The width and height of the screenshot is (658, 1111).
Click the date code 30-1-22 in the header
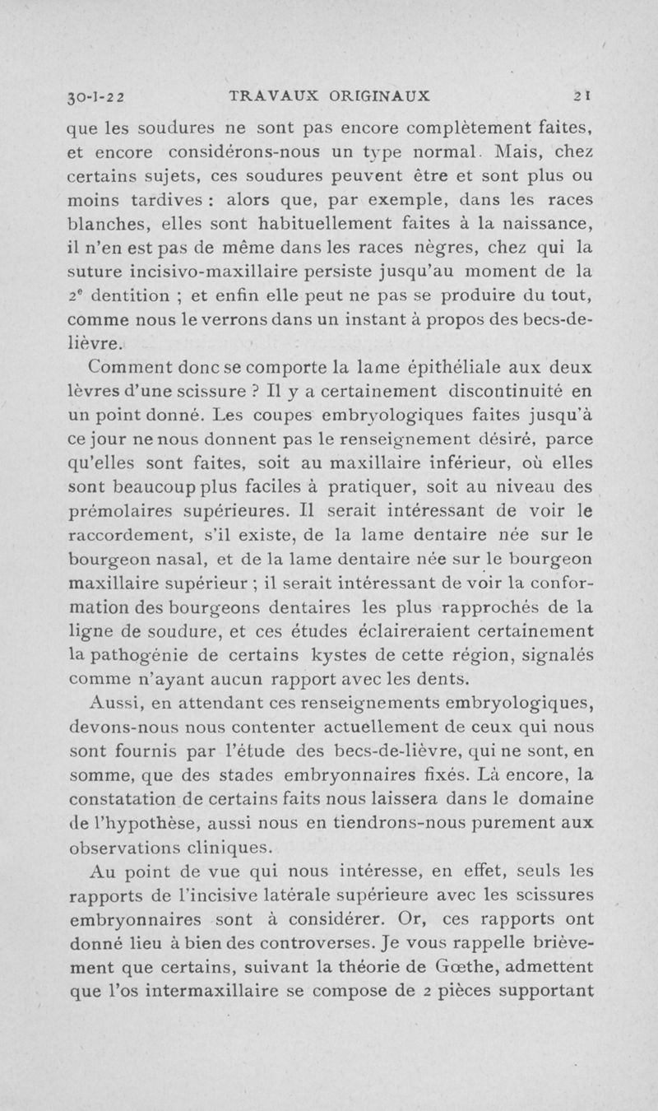[x=99, y=95]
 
